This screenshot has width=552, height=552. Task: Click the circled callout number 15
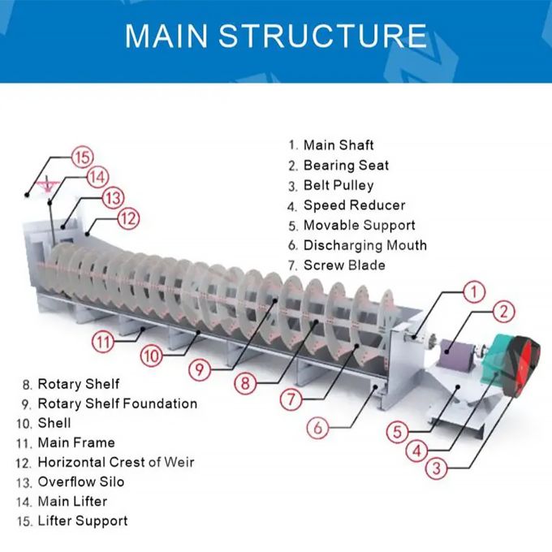tap(82, 157)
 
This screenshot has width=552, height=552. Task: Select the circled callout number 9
tap(201, 369)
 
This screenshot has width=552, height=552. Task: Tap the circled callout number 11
tap(103, 342)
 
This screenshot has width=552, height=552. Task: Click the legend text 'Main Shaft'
tap(339, 145)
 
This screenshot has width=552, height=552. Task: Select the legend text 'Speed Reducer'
tap(354, 205)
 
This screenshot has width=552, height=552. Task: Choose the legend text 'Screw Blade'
tap(344, 265)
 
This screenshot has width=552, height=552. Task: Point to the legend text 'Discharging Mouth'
tap(364, 245)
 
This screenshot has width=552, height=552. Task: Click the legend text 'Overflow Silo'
tap(81, 482)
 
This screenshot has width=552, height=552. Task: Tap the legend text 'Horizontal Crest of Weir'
tap(116, 462)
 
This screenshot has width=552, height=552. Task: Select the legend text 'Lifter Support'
tap(83, 521)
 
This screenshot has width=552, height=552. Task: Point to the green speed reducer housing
tap(495, 366)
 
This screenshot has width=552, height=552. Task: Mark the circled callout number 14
tap(97, 176)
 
